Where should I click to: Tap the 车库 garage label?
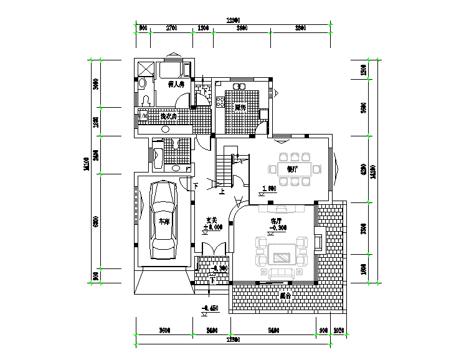(x=163, y=222)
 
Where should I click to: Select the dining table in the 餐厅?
(x=295, y=169)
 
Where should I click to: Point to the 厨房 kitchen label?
(x=239, y=108)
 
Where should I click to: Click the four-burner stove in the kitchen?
(x=220, y=101)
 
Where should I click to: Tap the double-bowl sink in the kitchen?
(x=239, y=87)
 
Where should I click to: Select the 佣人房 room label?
(x=176, y=84)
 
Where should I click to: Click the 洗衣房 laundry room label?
(x=168, y=116)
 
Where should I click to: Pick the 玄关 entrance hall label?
(x=211, y=220)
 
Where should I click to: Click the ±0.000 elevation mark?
(x=212, y=228)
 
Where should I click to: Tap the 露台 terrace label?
(x=286, y=295)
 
